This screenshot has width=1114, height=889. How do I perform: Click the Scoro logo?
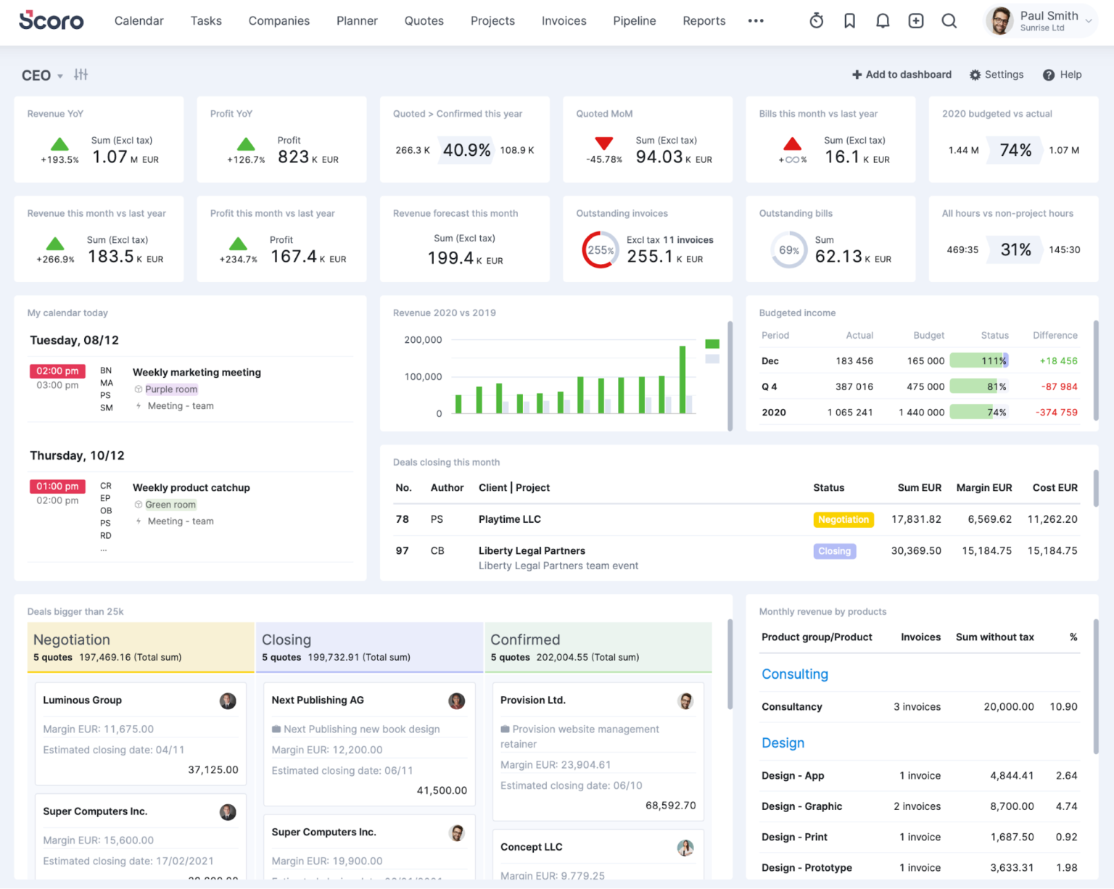coord(51,20)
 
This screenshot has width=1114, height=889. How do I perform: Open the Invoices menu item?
coord(564,21)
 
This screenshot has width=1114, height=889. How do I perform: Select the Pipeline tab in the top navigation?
coord(634,21)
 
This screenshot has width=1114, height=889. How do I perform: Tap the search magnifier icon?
coord(949,21)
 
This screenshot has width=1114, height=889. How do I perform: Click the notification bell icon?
coord(883,21)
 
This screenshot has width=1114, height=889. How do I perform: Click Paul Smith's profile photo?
coord(1000,21)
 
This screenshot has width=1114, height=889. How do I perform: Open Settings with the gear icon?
coord(975,75)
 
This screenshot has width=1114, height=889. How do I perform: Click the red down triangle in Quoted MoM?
coord(604,144)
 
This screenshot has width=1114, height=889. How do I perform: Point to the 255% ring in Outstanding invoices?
coord(600,250)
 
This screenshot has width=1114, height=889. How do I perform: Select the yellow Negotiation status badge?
coord(843,520)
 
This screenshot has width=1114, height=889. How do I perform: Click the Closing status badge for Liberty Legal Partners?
coord(834,551)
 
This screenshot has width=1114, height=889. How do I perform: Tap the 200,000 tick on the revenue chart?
coord(423,340)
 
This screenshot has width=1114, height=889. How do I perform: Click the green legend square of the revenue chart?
coord(712,344)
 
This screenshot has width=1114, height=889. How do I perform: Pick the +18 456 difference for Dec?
coord(1058,361)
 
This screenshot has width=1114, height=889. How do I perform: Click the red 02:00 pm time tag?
coord(57,371)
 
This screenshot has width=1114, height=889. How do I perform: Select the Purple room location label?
coord(171,389)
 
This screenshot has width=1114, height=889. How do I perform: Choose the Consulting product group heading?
coord(794,674)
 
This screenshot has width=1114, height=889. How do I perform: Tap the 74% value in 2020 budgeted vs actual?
coord(1015,150)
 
